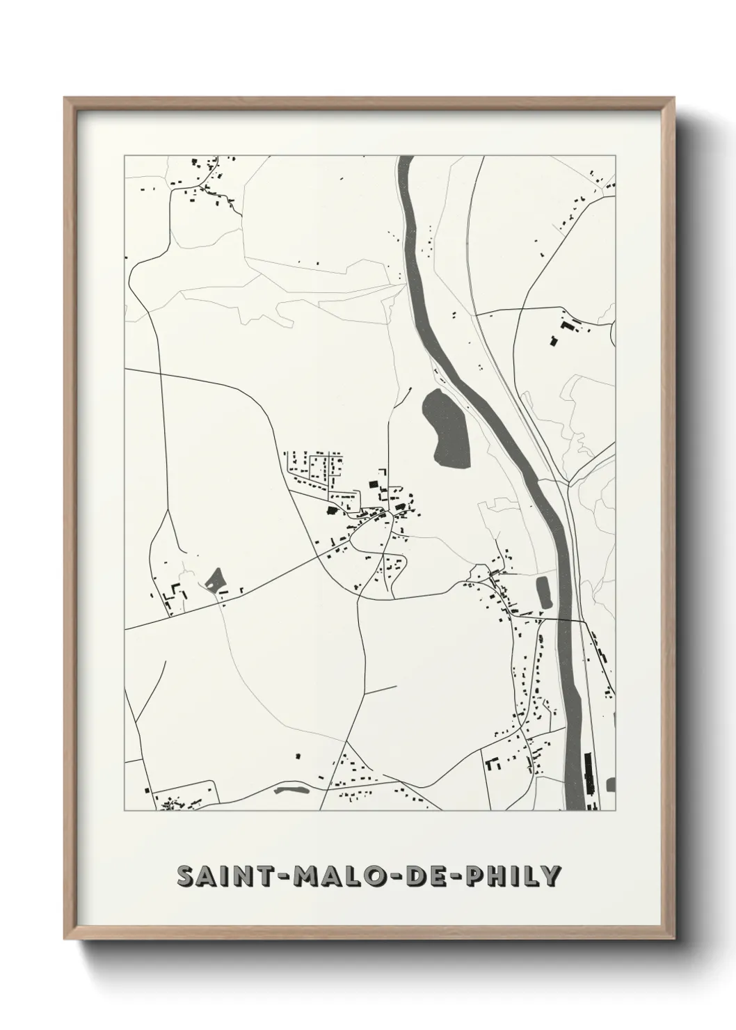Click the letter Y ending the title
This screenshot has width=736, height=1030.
coord(550,877)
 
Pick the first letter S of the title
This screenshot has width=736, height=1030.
coord(186,877)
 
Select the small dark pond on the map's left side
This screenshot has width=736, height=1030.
coord(214,578)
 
